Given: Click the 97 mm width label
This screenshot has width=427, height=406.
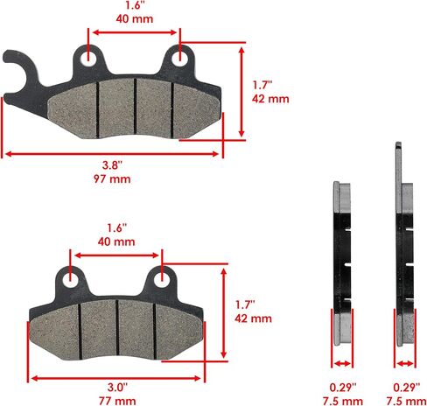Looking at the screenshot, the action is click(112, 178).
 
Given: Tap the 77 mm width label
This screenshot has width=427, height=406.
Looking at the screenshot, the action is click(117, 401).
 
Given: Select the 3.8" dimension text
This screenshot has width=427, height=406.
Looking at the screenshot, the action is click(112, 165).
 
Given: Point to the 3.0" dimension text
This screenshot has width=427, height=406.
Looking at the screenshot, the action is click(117, 388).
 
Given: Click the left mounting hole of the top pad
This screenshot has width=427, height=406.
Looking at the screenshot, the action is click(87, 59).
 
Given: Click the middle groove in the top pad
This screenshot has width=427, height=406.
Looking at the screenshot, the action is click(135, 107).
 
